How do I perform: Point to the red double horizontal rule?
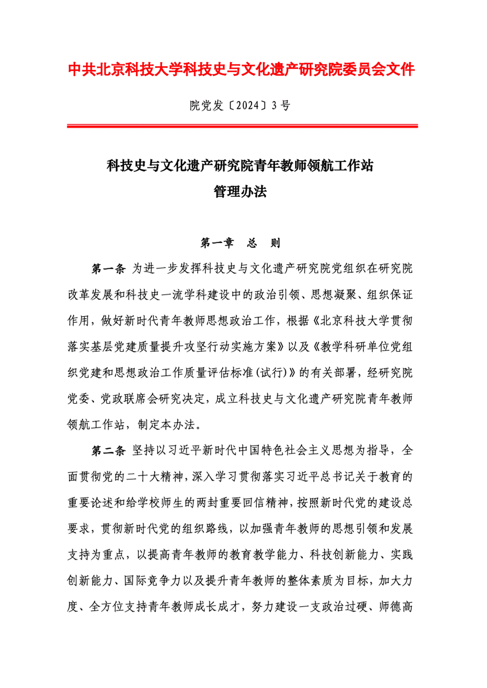pos(242,126)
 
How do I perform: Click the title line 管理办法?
pos(240,192)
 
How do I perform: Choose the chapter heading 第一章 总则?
pos(240,243)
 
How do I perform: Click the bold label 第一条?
pos(108,269)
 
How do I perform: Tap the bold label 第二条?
pos(108,451)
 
